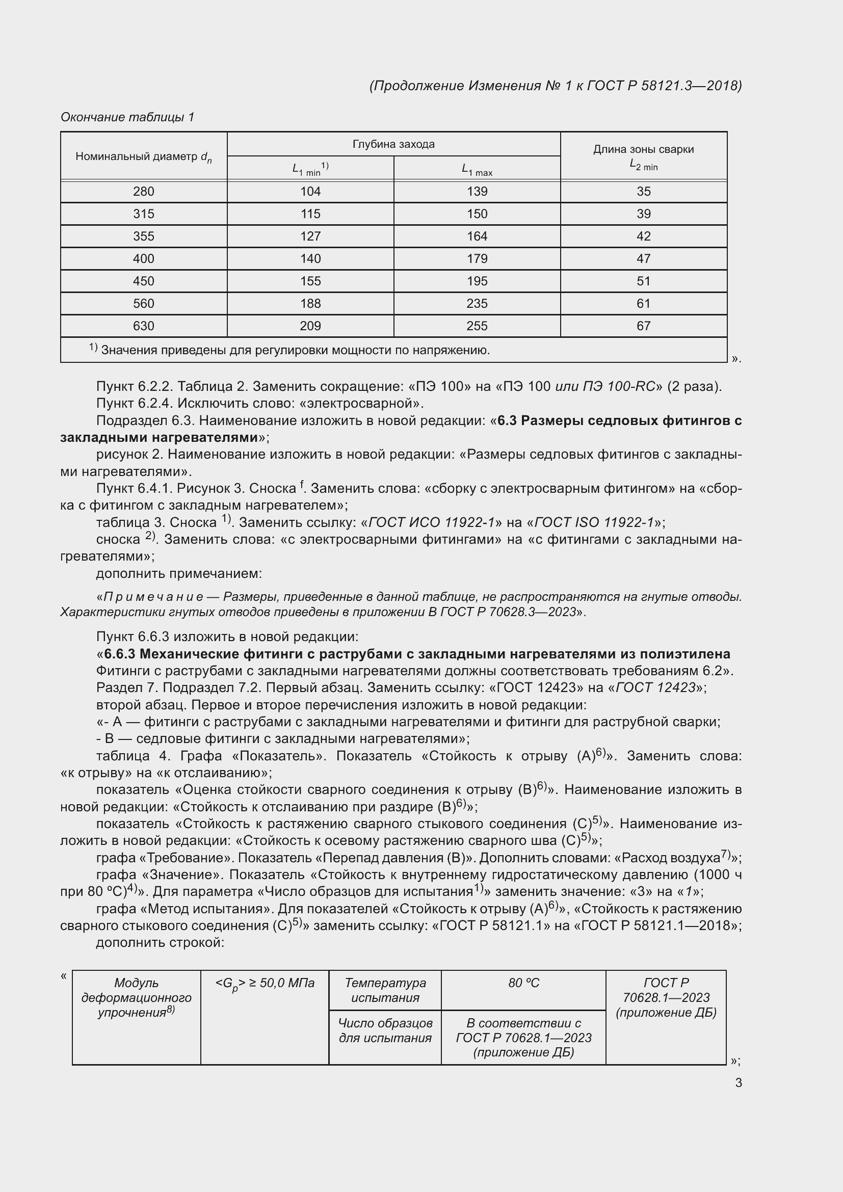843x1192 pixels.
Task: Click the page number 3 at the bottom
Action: pos(738,1082)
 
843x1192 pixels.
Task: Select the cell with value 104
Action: pos(310,192)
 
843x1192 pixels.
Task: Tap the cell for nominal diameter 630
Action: pos(144,326)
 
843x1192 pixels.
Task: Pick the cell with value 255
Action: pos(477,326)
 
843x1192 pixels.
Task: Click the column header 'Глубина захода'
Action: pos(393,144)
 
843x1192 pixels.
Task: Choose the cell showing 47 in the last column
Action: pos(643,258)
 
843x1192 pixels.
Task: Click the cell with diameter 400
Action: pos(144,258)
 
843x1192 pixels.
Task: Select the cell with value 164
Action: pos(477,236)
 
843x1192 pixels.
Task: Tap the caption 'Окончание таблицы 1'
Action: pos(127,117)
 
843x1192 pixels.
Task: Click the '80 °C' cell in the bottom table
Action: pos(523,983)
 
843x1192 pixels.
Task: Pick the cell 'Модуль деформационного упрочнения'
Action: pos(137,997)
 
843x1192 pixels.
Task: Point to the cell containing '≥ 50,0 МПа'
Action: pos(265,983)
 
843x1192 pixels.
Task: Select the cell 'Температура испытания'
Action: pos(385,990)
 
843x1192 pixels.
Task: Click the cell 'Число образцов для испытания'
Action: pos(385,1030)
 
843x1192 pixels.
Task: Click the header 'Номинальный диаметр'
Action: pos(144,157)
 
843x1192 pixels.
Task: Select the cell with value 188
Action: pos(310,304)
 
